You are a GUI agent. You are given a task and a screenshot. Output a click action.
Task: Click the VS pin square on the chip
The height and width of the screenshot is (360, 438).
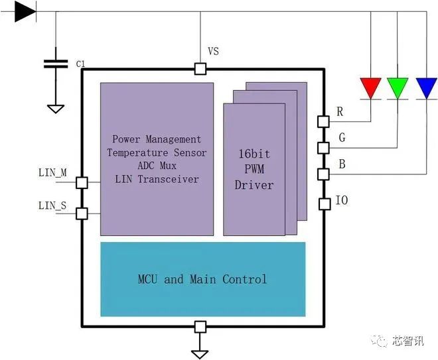(x=200, y=69)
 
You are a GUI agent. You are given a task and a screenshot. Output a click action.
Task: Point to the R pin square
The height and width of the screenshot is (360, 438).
(x=323, y=122)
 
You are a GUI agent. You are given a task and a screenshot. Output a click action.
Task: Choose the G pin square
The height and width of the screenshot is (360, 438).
(x=323, y=148)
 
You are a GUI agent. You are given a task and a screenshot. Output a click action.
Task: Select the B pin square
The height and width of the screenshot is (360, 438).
(x=323, y=174)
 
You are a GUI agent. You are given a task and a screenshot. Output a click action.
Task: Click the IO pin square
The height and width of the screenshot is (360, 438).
(x=325, y=204)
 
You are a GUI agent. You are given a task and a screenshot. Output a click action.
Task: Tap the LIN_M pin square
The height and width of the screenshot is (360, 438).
(x=82, y=183)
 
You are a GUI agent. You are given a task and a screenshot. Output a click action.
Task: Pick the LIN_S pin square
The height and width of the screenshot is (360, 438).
(x=82, y=213)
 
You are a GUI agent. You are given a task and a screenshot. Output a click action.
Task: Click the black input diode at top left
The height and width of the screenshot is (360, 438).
(x=25, y=11)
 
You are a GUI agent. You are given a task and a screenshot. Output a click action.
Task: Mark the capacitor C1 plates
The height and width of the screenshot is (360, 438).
(x=56, y=64)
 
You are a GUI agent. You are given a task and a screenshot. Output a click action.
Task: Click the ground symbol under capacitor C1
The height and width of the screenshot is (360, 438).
(x=56, y=109)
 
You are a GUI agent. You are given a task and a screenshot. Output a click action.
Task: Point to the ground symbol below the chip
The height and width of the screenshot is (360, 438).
(x=200, y=354)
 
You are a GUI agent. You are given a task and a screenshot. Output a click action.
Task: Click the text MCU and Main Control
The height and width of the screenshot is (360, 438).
(x=202, y=279)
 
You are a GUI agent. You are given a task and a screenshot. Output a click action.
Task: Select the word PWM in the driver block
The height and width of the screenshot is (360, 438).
(x=254, y=169)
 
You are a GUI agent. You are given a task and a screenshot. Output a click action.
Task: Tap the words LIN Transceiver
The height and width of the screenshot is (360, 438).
(x=157, y=179)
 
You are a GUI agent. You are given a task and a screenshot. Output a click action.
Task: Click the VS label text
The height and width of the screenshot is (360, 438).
(x=214, y=51)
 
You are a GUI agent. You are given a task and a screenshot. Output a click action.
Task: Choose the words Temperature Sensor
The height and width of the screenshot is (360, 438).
(x=157, y=152)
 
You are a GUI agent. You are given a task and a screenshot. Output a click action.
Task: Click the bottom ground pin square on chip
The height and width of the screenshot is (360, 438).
(x=200, y=327)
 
